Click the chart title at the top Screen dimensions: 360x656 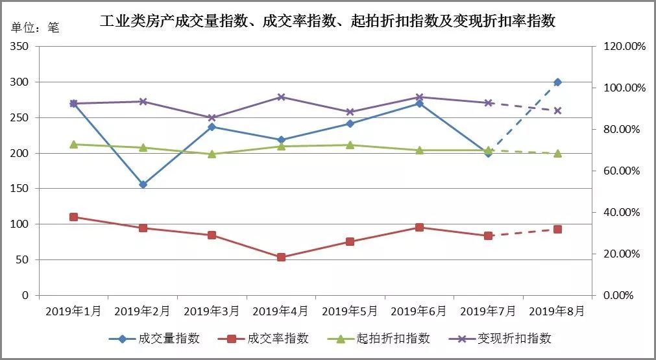pos(328,21)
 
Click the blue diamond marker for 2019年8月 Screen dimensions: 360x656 pos(557,82)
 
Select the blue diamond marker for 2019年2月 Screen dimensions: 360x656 pos(143,184)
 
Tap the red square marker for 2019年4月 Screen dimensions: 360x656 pos(281,258)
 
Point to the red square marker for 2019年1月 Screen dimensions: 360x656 pos(73,217)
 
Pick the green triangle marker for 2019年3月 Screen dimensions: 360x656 pos(212,154)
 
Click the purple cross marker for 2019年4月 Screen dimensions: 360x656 pos(281,97)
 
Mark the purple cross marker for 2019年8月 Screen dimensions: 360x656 pos(557,110)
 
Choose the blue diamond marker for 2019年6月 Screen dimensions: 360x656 pos(419,103)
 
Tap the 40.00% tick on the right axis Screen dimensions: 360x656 pos(622,212)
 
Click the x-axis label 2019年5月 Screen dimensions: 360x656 pos(350,311)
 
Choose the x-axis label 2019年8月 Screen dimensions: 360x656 pos(557,311)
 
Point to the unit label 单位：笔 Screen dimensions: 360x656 pos(36,28)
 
